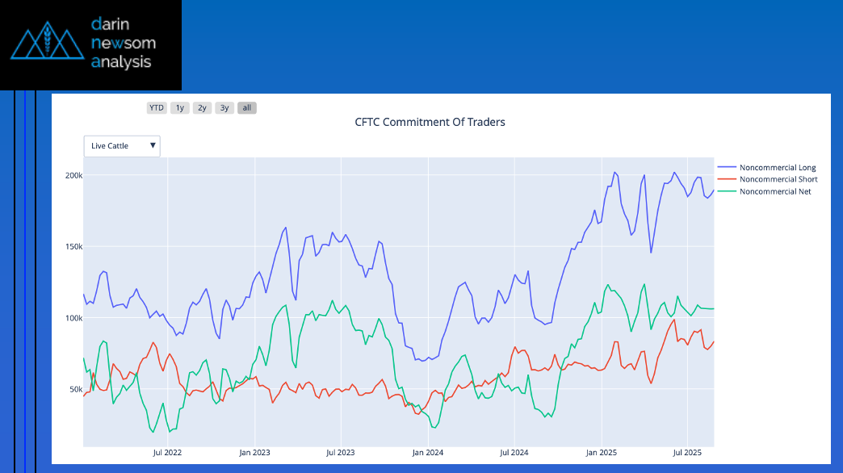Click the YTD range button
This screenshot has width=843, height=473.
pos(157,108)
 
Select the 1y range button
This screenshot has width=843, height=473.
pos(180,108)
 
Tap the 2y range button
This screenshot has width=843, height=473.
pos(202,108)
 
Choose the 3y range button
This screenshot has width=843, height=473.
pos(224,108)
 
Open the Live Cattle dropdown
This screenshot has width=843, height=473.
pos(122,146)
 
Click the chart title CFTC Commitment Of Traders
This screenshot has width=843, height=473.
pos(430,123)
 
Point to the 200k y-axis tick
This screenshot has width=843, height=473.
pos(74,175)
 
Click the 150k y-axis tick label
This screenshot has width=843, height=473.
pos(74,246)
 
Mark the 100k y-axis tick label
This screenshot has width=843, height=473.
pos(74,318)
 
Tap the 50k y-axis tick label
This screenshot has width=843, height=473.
pos(76,389)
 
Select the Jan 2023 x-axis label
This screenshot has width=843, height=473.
pos(254,453)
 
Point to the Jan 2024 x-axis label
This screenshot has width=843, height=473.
pos(428,453)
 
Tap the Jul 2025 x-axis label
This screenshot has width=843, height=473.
pos(687,453)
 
